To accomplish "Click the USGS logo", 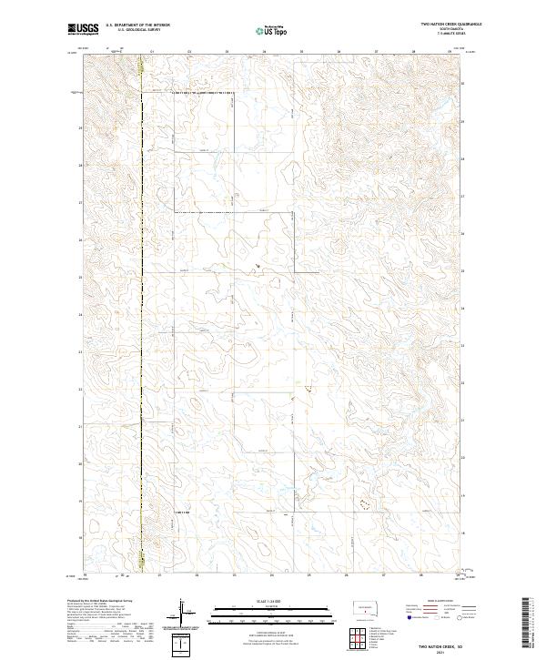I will pos(80,29).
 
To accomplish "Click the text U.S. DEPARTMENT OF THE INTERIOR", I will pos(136,25).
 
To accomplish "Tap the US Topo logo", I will pos(272,29).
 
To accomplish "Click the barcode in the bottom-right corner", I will pos(526,624).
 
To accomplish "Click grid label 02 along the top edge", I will pos(188,52).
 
